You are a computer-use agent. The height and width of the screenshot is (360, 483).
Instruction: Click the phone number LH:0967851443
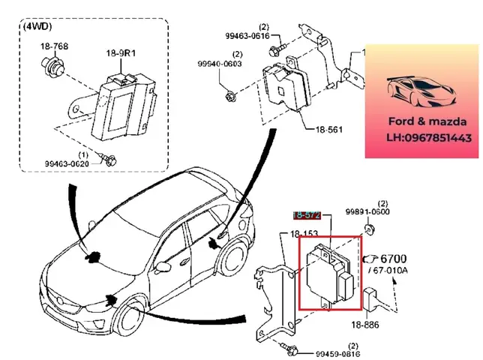pyautogui.click(x=423, y=137)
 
